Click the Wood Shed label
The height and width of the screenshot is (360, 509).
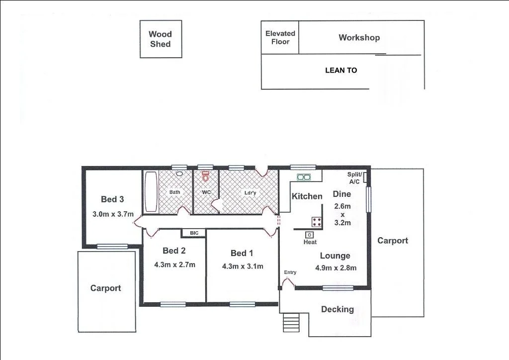(x=160, y=39)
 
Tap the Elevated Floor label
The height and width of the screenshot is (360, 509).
(x=280, y=37)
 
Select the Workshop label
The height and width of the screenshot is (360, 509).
(x=359, y=38)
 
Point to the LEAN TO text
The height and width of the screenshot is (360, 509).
(x=341, y=71)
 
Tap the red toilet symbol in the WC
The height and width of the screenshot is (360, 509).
(x=205, y=176)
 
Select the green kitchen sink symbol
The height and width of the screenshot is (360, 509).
(x=303, y=177)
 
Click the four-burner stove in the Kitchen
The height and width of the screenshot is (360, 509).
(x=317, y=222)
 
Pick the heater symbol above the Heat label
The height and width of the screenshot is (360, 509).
(x=310, y=235)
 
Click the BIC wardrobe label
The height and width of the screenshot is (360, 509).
(x=193, y=233)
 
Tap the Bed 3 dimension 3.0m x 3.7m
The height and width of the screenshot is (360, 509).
(x=113, y=215)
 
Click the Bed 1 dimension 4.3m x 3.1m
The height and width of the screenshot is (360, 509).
(x=242, y=266)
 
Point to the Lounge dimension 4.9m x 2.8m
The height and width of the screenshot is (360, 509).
(x=336, y=268)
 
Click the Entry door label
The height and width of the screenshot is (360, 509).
(x=290, y=272)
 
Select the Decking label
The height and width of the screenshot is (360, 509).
(x=337, y=309)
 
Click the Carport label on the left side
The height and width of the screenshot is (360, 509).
(x=105, y=288)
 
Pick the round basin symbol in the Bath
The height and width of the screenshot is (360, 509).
(x=179, y=175)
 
